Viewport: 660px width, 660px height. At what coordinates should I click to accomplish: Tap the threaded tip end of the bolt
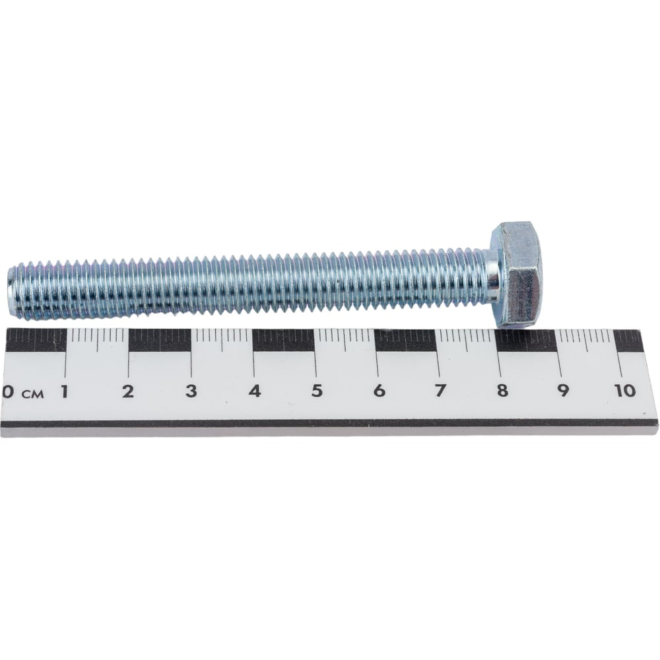(12, 291)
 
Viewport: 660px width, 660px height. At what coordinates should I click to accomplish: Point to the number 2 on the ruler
(128, 391)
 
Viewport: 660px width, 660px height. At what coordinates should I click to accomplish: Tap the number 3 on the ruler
(191, 391)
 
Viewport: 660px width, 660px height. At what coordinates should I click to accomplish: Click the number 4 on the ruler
(254, 391)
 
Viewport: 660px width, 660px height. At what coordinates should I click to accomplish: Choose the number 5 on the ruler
(317, 391)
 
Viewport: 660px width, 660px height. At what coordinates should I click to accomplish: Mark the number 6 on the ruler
(379, 391)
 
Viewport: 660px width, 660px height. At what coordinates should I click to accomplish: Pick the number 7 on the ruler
(440, 391)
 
